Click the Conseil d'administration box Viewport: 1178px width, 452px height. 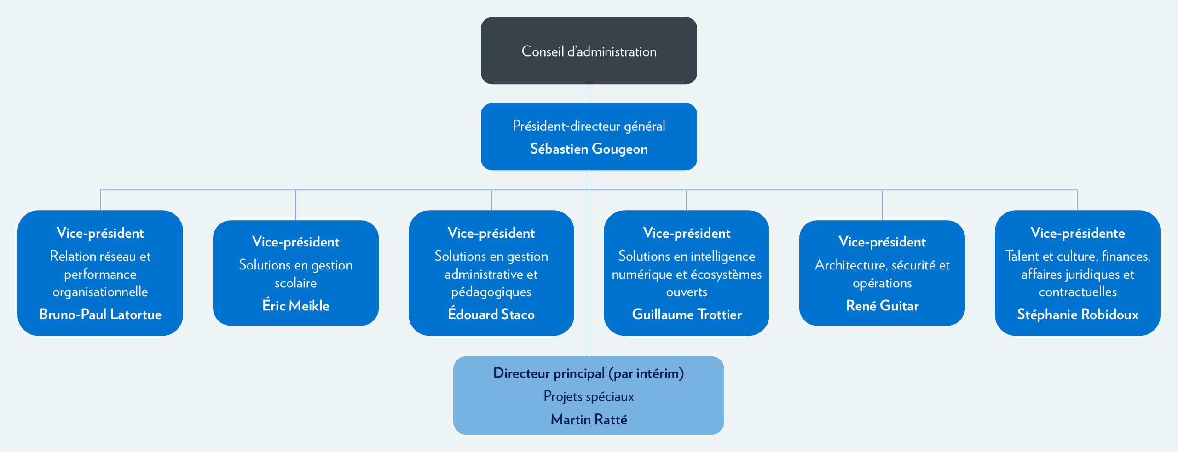click(589, 51)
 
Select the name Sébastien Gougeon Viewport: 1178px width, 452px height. click(589, 149)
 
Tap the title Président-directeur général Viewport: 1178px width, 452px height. click(589, 126)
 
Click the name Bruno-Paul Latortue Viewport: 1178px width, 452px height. click(100, 315)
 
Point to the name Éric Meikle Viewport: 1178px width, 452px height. click(296, 306)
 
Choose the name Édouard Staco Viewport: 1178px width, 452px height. click(491, 315)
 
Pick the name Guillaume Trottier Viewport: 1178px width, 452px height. click(687, 315)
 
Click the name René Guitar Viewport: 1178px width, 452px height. click(882, 306)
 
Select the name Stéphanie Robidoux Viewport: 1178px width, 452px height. click(1078, 315)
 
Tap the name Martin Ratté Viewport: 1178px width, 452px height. click(589, 419)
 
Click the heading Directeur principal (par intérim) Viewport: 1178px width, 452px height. click(589, 373)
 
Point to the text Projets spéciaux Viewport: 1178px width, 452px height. click(589, 396)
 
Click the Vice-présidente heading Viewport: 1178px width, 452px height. click(1078, 233)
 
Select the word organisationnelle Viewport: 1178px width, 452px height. click(100, 292)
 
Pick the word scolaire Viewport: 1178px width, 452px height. click(296, 283)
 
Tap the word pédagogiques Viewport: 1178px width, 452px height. click(491, 292)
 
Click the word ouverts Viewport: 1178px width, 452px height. click(687, 292)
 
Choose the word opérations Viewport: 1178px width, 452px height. click(882, 283)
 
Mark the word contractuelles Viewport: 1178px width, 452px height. click(1078, 292)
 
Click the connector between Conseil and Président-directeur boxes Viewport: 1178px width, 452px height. click(589, 93)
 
